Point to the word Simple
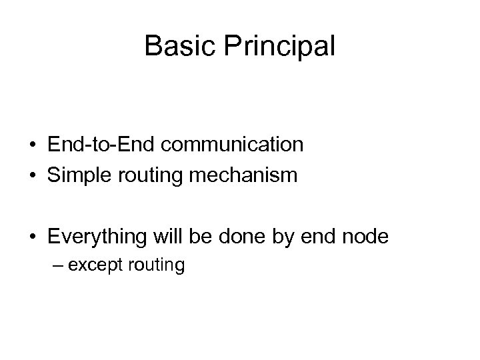76,177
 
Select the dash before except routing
60,265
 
